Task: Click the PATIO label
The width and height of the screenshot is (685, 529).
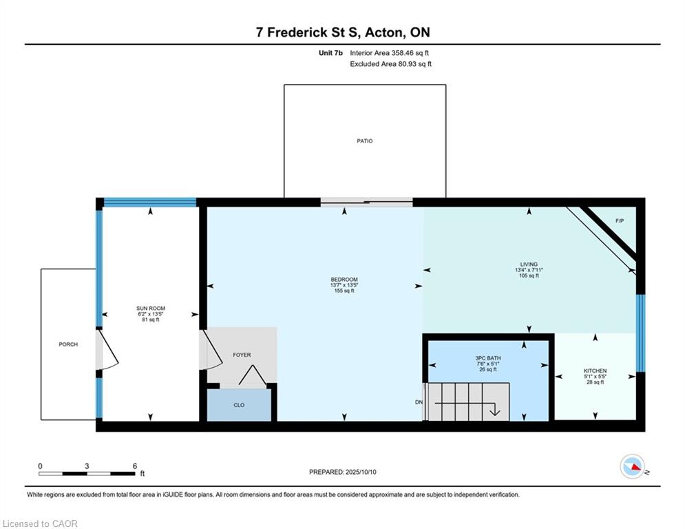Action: pos(365,141)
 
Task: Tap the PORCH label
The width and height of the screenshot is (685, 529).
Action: pos(68,344)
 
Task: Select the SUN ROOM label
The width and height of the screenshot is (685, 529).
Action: pos(151,308)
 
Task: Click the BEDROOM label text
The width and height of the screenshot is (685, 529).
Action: pos(344,280)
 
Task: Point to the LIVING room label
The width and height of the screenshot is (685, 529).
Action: pos(529,264)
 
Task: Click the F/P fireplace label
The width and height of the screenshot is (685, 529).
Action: pos(620,221)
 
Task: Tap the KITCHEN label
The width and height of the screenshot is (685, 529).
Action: pos(595,371)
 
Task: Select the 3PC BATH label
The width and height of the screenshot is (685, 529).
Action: pos(488,358)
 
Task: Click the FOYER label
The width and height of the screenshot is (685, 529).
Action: pos(242,355)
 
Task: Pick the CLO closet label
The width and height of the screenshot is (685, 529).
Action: pos(239,405)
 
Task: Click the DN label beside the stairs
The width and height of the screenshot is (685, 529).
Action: pos(419,402)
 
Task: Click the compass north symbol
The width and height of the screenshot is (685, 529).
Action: pos(633,466)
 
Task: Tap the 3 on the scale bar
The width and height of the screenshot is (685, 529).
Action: pos(87,466)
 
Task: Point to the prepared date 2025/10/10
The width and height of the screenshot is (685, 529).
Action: pos(361,472)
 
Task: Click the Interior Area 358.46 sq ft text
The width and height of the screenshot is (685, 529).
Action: pos(389,53)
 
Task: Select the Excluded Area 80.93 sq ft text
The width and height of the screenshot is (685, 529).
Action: pos(390,64)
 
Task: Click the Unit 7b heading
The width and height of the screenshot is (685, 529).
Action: pos(330,53)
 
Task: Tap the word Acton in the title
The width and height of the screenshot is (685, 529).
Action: pos(384,32)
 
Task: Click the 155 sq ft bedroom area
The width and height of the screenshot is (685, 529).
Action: pos(344,291)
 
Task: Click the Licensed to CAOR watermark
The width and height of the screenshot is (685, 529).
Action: pos(40,523)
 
